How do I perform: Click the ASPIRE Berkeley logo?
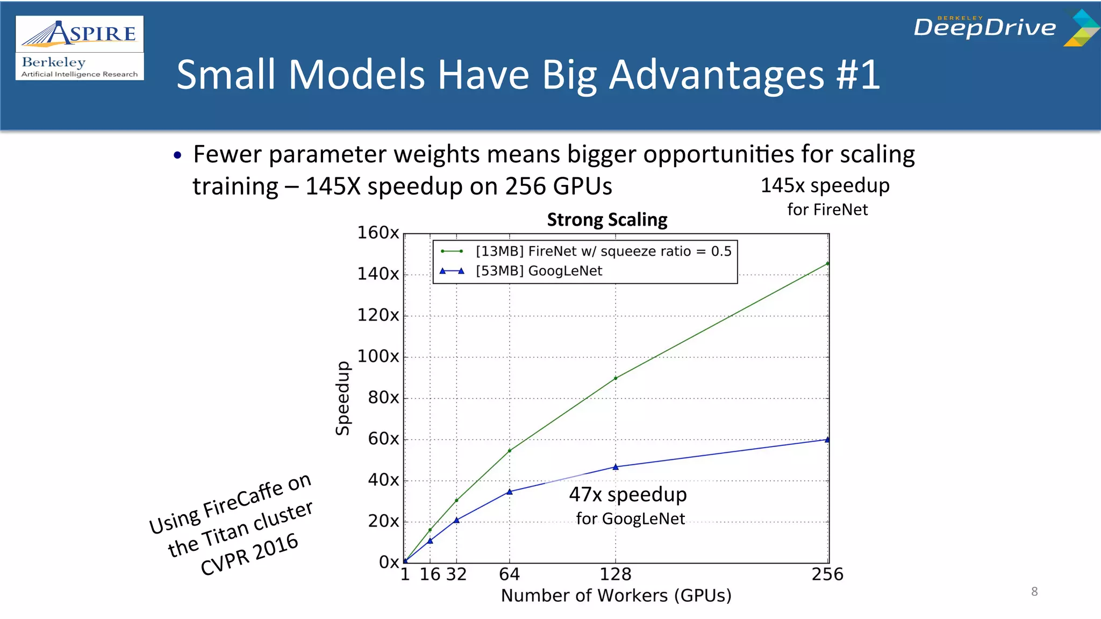point(80,48)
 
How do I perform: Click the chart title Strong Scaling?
point(607,220)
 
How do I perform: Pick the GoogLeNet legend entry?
point(538,271)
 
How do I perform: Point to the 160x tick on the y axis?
point(378,233)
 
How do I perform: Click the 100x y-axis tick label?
point(378,356)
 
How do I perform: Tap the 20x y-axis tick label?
point(383,521)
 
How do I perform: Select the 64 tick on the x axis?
point(509,574)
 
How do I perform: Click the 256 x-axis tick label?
point(827,574)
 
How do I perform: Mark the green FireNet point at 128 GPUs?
point(616,378)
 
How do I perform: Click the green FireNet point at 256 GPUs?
point(827,264)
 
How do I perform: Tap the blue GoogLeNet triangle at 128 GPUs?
point(616,467)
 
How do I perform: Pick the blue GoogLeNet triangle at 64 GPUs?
point(510,492)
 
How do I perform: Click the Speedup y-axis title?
point(342,398)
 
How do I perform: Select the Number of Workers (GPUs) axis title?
point(616,595)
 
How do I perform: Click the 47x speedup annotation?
point(628,495)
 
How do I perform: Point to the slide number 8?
point(1034,592)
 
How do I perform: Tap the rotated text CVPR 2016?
point(249,554)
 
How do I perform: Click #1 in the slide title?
point(858,74)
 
